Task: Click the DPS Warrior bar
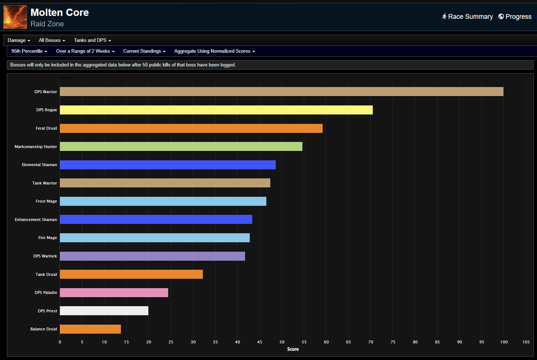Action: [281, 92]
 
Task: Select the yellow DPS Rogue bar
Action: [216, 110]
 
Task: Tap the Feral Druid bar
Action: [191, 128]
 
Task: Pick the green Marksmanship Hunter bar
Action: [181, 146]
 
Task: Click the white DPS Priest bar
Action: [104, 311]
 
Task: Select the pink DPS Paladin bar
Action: [114, 292]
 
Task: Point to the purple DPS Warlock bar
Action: [152, 256]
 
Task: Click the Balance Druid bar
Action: [90, 329]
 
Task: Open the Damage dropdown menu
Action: [19, 40]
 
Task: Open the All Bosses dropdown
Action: [52, 40]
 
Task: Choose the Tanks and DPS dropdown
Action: [92, 40]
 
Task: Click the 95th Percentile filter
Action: [29, 51]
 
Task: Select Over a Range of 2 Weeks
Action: [85, 51]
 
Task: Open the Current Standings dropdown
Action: [144, 51]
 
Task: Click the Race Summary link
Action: [467, 17]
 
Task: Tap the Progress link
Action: [515, 17]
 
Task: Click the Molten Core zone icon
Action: [15, 17]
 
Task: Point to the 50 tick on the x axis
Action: [282, 342]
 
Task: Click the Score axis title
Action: [293, 349]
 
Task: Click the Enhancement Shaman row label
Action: [36, 220]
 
